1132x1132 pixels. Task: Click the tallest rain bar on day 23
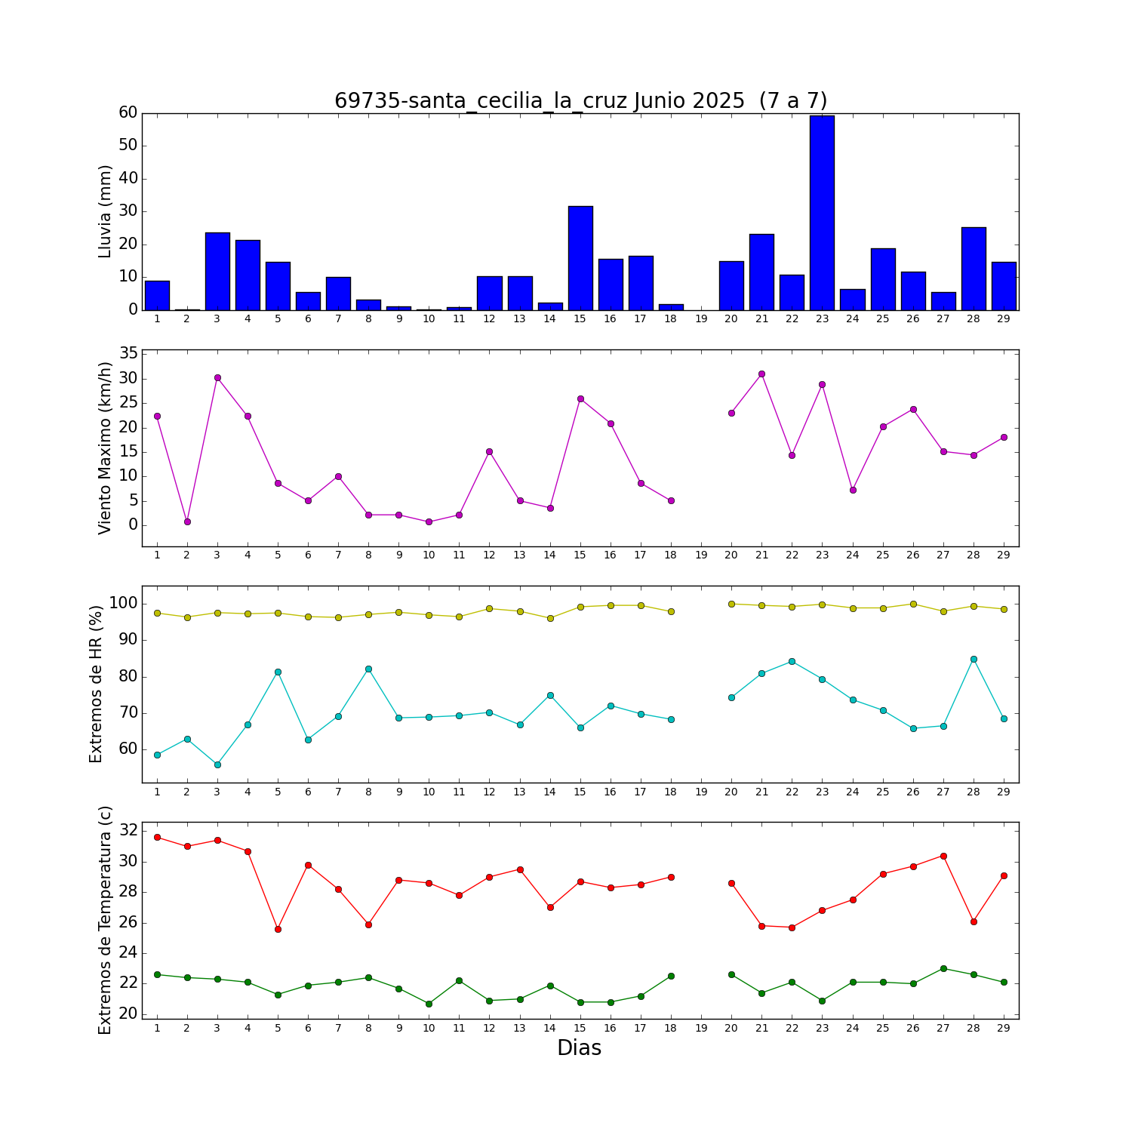822,213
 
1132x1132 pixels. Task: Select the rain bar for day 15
580,258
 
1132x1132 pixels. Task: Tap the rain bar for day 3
217,272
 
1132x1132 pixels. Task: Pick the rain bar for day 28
974,269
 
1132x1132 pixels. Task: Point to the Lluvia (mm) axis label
106,211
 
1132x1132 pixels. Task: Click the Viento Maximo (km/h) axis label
106,448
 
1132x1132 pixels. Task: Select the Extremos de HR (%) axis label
97,684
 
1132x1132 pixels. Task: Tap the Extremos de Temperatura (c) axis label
106,920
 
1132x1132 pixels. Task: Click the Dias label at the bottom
579,1048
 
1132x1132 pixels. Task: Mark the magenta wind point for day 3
217,377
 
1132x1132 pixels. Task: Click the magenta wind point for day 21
761,374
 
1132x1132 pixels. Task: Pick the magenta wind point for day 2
187,521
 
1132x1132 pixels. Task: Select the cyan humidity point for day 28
974,659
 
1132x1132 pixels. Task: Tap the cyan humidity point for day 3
217,764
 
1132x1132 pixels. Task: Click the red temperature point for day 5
278,929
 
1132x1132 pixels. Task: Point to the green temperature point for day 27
943,968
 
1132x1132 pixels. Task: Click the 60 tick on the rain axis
128,113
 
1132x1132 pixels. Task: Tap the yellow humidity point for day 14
550,618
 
